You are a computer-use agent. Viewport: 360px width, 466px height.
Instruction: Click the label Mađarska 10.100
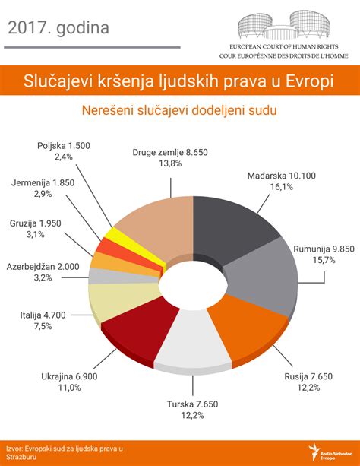click(x=281, y=176)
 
